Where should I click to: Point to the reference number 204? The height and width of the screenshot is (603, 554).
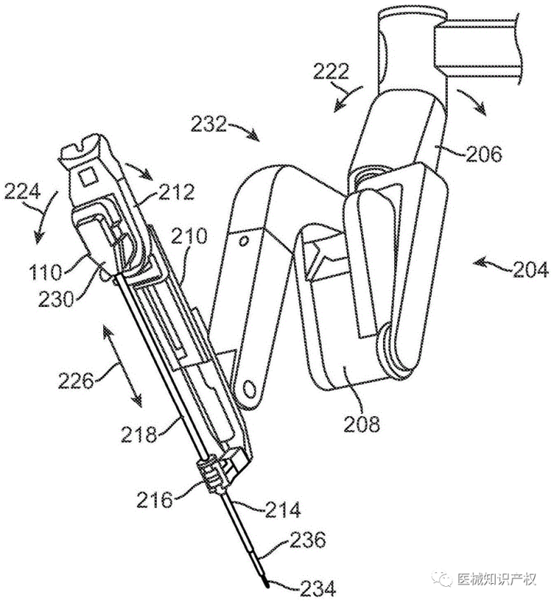coord(530,269)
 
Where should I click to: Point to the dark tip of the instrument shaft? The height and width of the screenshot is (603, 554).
coord(265,578)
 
